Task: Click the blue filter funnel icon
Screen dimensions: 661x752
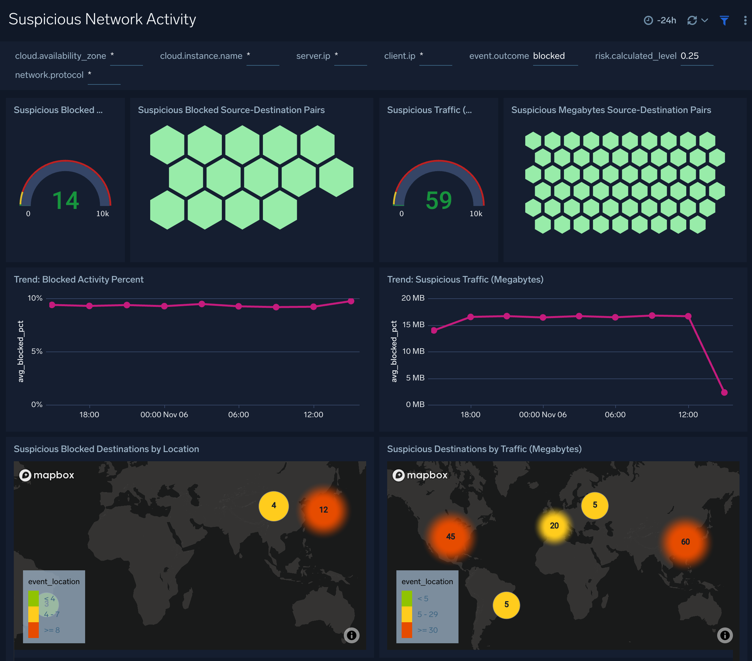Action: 724,21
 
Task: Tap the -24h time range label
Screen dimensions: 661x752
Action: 666,21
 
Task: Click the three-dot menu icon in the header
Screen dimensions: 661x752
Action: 745,21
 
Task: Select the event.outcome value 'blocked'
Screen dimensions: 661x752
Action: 549,56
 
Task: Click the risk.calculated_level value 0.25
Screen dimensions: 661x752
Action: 689,56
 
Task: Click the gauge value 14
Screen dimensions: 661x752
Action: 65,201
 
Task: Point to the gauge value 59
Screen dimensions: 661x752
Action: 438,201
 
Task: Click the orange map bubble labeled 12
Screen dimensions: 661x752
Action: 323,510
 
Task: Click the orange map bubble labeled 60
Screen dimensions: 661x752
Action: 685,542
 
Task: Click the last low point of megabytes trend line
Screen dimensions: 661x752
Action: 724,393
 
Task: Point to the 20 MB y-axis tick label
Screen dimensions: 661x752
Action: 412,298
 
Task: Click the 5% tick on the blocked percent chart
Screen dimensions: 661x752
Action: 37,352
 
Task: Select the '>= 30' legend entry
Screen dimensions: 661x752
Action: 427,630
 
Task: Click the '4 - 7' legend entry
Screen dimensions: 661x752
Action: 52,614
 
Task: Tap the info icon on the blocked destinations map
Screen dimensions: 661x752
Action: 351,635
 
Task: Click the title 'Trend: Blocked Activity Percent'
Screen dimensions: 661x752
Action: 78,280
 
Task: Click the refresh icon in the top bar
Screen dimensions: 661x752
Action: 692,21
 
